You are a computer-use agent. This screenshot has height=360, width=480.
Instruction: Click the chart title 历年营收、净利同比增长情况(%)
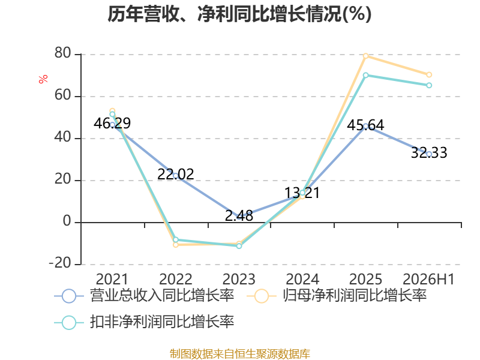pyautogui.click(x=239, y=14)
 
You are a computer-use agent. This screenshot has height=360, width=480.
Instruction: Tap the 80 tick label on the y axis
pyautogui.click(x=63, y=53)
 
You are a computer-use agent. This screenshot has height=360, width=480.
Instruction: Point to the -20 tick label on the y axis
pyautogui.click(x=60, y=263)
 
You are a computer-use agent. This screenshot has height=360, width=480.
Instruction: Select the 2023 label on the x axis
pyautogui.click(x=239, y=279)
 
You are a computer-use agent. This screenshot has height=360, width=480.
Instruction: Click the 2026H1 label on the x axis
pyautogui.click(x=428, y=279)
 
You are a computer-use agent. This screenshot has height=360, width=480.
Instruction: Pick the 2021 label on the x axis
pyautogui.click(x=112, y=279)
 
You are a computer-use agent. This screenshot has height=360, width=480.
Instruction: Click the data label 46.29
pyautogui.click(x=112, y=124)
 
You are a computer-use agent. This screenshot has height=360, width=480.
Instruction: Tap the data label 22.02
pyautogui.click(x=176, y=175)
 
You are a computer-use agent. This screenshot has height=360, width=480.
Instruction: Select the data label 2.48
pyautogui.click(x=239, y=216)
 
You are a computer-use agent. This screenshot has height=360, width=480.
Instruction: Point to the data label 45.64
pyautogui.click(x=365, y=125)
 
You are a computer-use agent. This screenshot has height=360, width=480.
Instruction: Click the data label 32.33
pyautogui.click(x=429, y=153)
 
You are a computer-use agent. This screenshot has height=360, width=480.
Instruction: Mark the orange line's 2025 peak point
pyautogui.click(x=365, y=56)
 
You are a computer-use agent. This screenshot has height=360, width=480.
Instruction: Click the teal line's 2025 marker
pyautogui.click(x=365, y=75)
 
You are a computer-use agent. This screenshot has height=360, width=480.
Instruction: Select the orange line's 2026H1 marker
pyautogui.click(x=429, y=74)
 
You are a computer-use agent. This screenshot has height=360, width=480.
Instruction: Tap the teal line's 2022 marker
pyautogui.click(x=176, y=239)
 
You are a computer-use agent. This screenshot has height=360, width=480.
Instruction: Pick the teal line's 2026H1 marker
pyautogui.click(x=429, y=85)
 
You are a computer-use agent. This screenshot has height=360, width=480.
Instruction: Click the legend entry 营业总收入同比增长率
pyautogui.click(x=144, y=296)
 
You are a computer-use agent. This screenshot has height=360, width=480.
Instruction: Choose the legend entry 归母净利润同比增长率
pyautogui.click(x=337, y=296)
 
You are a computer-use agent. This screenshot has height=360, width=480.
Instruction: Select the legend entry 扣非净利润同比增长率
pyautogui.click(x=144, y=322)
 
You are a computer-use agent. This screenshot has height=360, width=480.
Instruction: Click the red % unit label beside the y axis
pyautogui.click(x=43, y=79)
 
